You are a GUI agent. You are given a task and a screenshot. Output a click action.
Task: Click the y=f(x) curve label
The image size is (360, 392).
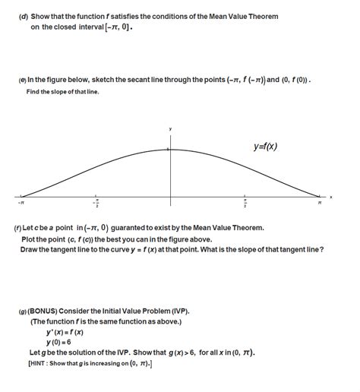(x=265, y=147)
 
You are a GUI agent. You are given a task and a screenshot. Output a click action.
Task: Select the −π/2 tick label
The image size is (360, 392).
(x=96, y=204)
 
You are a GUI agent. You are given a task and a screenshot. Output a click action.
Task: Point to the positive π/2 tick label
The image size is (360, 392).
(x=244, y=204)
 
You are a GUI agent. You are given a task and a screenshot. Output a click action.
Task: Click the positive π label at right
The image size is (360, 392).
(x=320, y=203)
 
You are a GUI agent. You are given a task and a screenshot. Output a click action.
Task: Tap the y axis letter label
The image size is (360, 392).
(x=170, y=130)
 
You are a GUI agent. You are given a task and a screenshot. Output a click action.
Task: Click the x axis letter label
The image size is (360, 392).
(x=331, y=197)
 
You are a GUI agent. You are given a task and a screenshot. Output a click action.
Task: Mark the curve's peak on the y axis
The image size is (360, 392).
(x=170, y=149)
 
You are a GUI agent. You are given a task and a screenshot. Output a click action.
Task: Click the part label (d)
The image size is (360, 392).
(x=23, y=17)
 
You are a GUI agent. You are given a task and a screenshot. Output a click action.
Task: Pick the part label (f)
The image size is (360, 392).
(x=17, y=228)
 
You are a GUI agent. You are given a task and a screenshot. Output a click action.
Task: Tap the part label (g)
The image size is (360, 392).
(x=23, y=311)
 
